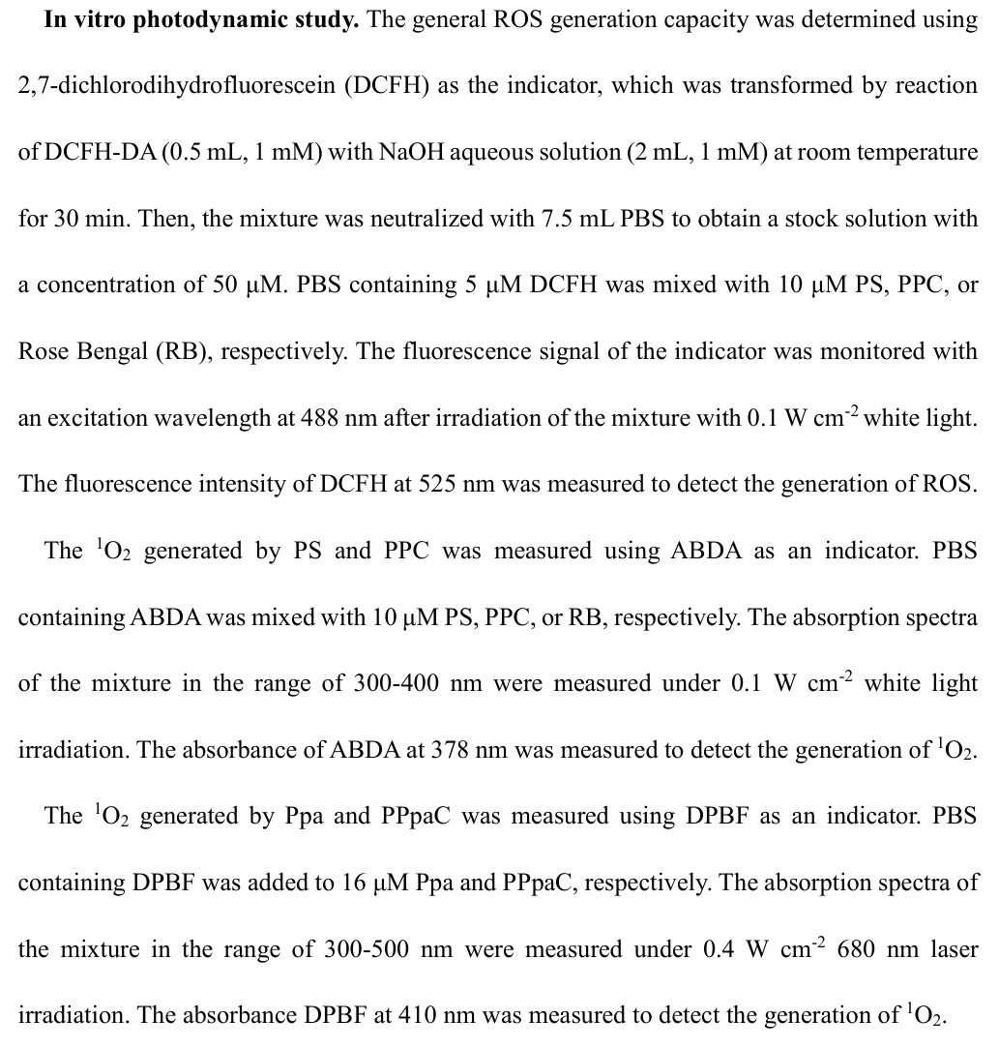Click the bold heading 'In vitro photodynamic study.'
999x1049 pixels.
pyautogui.click(x=201, y=20)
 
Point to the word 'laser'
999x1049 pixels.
pyautogui.click(x=952, y=950)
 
